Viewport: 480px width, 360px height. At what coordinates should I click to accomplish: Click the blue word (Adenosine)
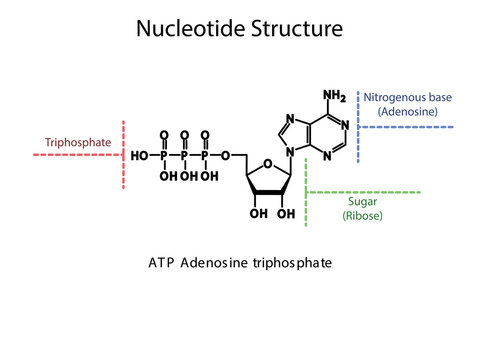click(x=408, y=112)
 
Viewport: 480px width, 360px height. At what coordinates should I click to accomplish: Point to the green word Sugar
click(x=362, y=200)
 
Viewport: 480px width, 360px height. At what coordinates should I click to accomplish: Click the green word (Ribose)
click(x=362, y=215)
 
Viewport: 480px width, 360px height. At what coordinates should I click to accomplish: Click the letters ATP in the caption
click(x=160, y=264)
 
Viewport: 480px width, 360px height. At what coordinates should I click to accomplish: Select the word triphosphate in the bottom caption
click(x=290, y=264)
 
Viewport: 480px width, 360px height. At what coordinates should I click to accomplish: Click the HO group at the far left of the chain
click(x=140, y=156)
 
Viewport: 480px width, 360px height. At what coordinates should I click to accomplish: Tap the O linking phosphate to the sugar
click(x=227, y=156)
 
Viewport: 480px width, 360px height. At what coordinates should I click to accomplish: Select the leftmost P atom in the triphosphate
click(x=163, y=156)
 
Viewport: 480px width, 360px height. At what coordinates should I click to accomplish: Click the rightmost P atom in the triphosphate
click(x=206, y=156)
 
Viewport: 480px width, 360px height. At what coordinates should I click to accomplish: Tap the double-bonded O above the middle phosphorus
click(x=185, y=134)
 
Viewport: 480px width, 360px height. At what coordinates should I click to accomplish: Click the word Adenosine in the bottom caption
click(x=216, y=264)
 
